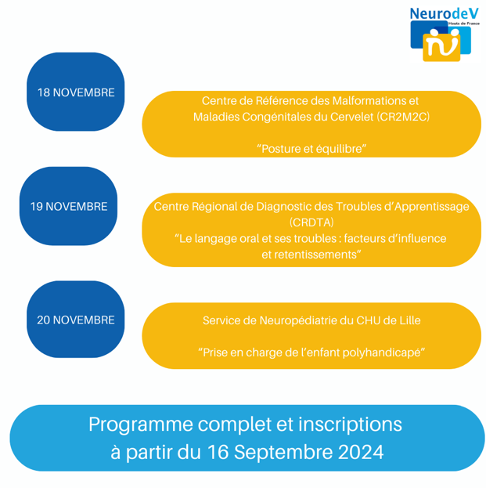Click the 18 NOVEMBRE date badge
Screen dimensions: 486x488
76,92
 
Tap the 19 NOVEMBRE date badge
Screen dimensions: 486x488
68,206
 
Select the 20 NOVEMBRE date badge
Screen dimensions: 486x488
76,320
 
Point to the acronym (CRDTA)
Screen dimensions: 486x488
311,222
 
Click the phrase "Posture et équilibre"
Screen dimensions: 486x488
311,149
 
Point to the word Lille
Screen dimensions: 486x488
410,320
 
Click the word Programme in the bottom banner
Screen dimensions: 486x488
141,425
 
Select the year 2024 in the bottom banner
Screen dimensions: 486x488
361,452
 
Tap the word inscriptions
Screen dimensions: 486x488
350,425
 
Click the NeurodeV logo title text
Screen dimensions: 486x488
444,13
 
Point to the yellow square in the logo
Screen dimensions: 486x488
441,47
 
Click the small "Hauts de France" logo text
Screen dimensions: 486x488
463,23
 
